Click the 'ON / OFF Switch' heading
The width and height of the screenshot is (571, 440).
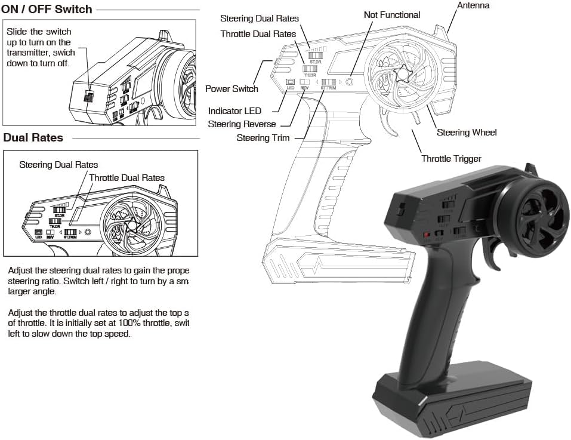click(x=47, y=9)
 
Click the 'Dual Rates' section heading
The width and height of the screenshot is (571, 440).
click(x=33, y=137)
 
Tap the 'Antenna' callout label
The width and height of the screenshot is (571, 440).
click(x=473, y=5)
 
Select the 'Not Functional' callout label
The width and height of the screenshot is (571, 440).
click(x=391, y=14)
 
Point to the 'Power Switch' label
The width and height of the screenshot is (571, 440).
click(x=232, y=89)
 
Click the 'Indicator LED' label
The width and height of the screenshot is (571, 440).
click(x=234, y=111)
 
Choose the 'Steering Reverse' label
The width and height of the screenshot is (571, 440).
click(x=242, y=124)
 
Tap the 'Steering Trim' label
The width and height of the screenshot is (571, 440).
click(x=263, y=138)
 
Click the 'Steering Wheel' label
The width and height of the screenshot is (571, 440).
click(x=467, y=133)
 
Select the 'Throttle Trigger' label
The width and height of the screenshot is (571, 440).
click(x=451, y=158)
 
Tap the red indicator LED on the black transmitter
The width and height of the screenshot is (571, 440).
click(x=427, y=234)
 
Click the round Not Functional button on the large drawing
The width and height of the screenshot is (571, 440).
click(x=350, y=82)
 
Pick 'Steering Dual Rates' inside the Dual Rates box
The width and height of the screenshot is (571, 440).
click(x=58, y=164)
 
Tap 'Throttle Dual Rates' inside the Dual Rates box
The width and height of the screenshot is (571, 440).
click(x=126, y=177)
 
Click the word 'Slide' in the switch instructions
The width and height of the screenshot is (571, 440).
click(x=17, y=31)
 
